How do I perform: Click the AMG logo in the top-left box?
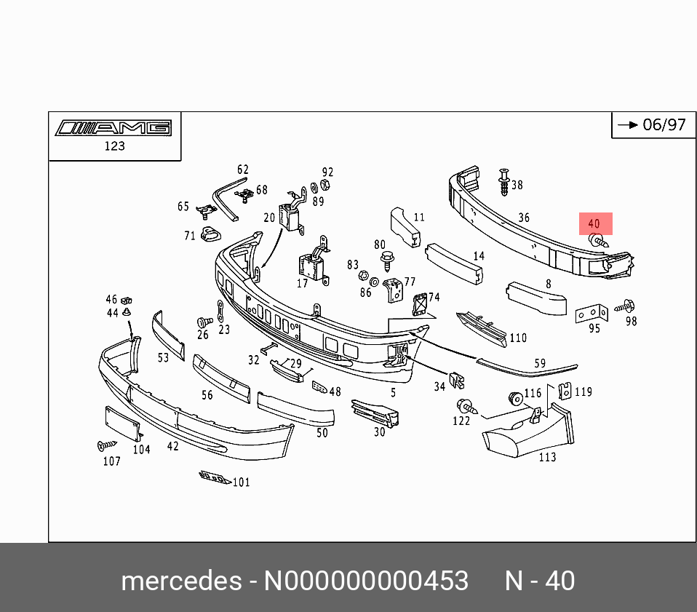(x=113, y=128)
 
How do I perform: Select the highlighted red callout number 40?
(x=594, y=223)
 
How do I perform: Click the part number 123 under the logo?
(x=114, y=146)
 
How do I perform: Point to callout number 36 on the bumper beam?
(x=524, y=218)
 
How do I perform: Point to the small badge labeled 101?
(x=215, y=478)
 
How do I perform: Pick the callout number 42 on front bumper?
(x=172, y=446)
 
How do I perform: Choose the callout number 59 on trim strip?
(x=539, y=363)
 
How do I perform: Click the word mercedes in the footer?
(x=181, y=581)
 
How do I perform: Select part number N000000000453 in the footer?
(x=365, y=581)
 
